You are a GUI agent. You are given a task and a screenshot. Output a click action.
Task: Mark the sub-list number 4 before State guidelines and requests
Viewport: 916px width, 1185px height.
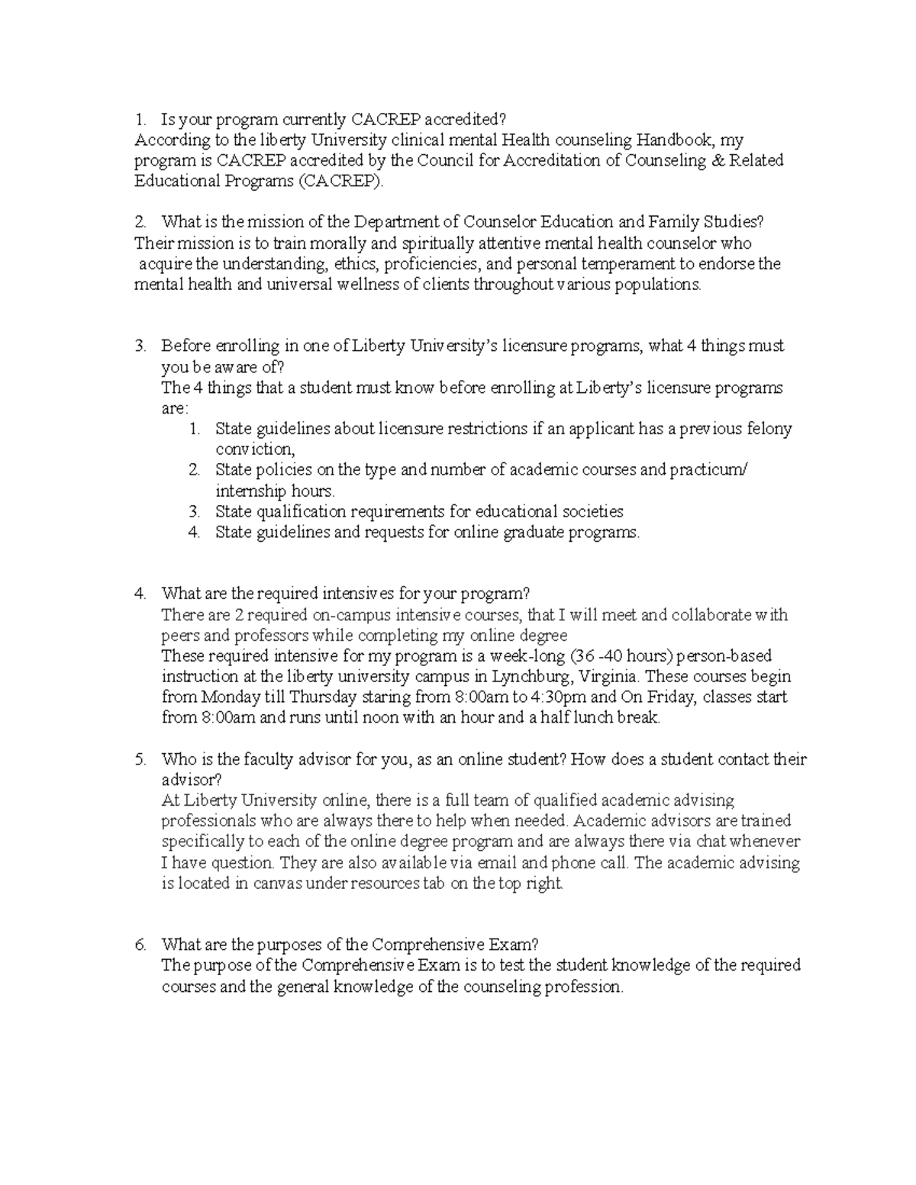(194, 532)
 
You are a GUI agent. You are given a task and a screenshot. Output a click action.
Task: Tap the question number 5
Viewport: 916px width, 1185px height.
(140, 759)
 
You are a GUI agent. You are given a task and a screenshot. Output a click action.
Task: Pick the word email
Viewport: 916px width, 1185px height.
(497, 863)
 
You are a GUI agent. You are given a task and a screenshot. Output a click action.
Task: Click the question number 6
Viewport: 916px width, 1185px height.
(140, 945)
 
